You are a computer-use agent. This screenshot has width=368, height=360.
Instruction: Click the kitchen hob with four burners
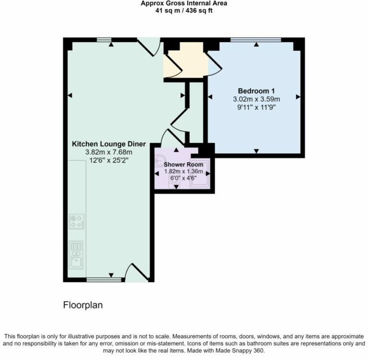click(77, 222)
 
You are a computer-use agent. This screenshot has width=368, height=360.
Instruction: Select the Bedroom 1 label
click(256, 91)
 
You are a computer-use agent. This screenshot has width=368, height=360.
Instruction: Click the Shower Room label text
click(184, 165)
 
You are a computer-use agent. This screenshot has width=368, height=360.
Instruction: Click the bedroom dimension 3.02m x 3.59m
click(256, 99)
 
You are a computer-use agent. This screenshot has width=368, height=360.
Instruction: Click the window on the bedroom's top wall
click(256, 40)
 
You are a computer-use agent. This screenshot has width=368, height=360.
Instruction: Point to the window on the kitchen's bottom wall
click(101, 279)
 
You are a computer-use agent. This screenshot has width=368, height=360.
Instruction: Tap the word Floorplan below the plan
click(83, 305)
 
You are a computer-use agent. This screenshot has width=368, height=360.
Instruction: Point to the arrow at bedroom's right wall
click(298, 97)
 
